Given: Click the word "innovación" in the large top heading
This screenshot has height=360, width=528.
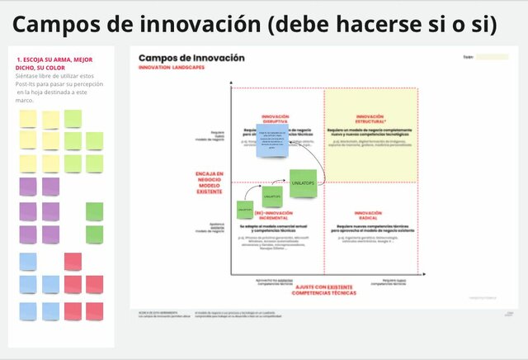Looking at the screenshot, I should coord(201,25).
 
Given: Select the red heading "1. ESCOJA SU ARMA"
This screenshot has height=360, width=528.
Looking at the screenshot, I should coord(54,64).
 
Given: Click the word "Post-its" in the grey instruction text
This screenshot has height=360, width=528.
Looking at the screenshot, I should coord(30,83).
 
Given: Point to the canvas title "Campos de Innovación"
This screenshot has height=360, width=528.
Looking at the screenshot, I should coord(191,58).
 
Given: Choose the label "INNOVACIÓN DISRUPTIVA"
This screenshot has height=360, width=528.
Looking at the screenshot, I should coord(275,119).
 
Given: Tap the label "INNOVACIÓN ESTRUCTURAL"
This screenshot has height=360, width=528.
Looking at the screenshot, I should coord(370,119).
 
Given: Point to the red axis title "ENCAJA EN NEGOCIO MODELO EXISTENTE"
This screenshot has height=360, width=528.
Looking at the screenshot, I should coord(210,182).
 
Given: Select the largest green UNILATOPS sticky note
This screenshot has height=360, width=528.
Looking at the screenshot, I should coord(303,182).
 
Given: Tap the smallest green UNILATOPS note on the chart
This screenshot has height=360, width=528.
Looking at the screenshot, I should coord(244,210).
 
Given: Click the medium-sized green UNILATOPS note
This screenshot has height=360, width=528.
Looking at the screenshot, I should coord(272,197).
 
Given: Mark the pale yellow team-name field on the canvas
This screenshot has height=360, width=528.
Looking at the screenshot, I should coord(493,58).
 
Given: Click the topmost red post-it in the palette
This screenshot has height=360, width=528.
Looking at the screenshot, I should coord(73,261).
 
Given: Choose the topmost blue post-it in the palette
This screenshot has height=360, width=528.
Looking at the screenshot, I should coord(28,261).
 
